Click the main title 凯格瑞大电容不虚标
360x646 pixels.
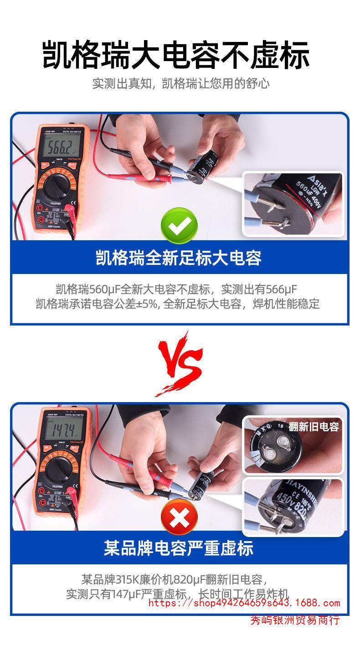(176, 55)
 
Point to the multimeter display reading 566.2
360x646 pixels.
(61, 147)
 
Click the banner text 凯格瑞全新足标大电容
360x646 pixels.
(179, 258)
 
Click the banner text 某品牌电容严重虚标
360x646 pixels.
(179, 548)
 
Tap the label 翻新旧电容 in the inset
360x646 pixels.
(314, 427)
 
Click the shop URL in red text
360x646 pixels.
(244, 603)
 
